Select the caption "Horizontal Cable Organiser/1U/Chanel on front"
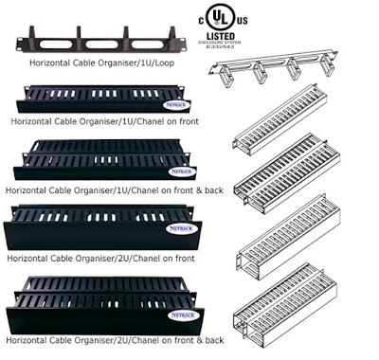106,121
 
